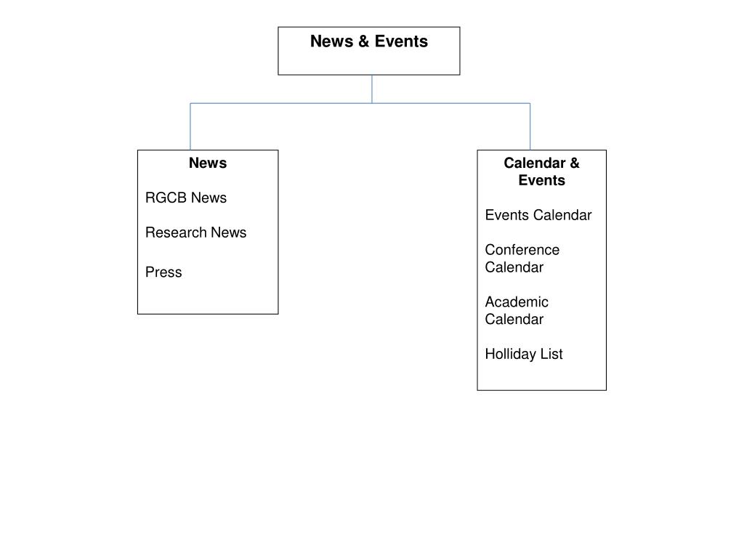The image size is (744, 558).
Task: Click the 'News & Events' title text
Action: pos(368,41)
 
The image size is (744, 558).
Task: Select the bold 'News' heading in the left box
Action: pos(208,163)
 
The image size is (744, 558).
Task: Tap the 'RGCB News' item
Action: pos(186,198)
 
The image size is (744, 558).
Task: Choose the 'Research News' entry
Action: pos(195,232)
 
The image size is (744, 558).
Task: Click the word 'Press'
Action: pos(163,272)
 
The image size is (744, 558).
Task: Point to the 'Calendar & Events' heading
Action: pos(541,171)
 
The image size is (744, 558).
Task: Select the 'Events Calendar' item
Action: pos(538,215)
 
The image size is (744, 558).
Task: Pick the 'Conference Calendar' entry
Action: pos(522,259)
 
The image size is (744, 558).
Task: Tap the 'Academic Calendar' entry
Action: pos(517,310)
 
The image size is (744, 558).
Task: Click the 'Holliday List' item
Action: pos(524,354)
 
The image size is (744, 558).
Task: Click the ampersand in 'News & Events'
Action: pos(363,41)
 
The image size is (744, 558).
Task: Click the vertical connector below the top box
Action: pos(372,89)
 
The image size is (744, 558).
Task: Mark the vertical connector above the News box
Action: pos(190,127)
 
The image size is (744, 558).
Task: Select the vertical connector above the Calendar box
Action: pos(530,127)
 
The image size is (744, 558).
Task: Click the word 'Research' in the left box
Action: pos(177,232)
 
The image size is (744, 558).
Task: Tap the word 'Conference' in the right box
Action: pos(522,250)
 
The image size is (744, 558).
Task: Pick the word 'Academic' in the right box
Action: pos(517,302)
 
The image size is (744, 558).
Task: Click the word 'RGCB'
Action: pos(166,198)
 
